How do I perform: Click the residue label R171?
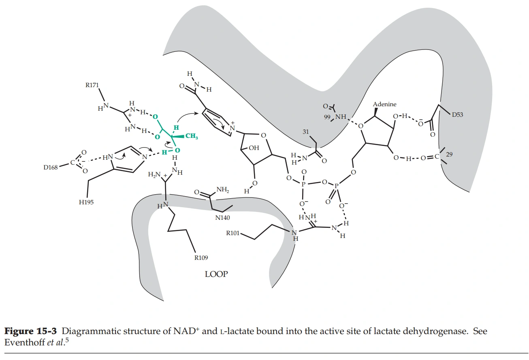(92, 86)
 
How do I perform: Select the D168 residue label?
(51, 167)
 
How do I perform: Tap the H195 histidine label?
(86, 202)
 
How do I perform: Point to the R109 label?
(201, 257)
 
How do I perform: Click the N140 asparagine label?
(222, 218)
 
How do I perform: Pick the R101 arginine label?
(233, 234)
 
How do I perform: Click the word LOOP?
(216, 274)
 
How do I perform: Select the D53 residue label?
(457, 115)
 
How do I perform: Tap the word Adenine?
(385, 105)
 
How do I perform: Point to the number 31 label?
(306, 131)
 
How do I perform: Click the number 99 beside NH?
(327, 117)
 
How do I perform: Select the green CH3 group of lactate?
(191, 137)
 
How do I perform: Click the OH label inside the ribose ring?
(254, 148)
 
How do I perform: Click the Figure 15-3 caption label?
(30, 331)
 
